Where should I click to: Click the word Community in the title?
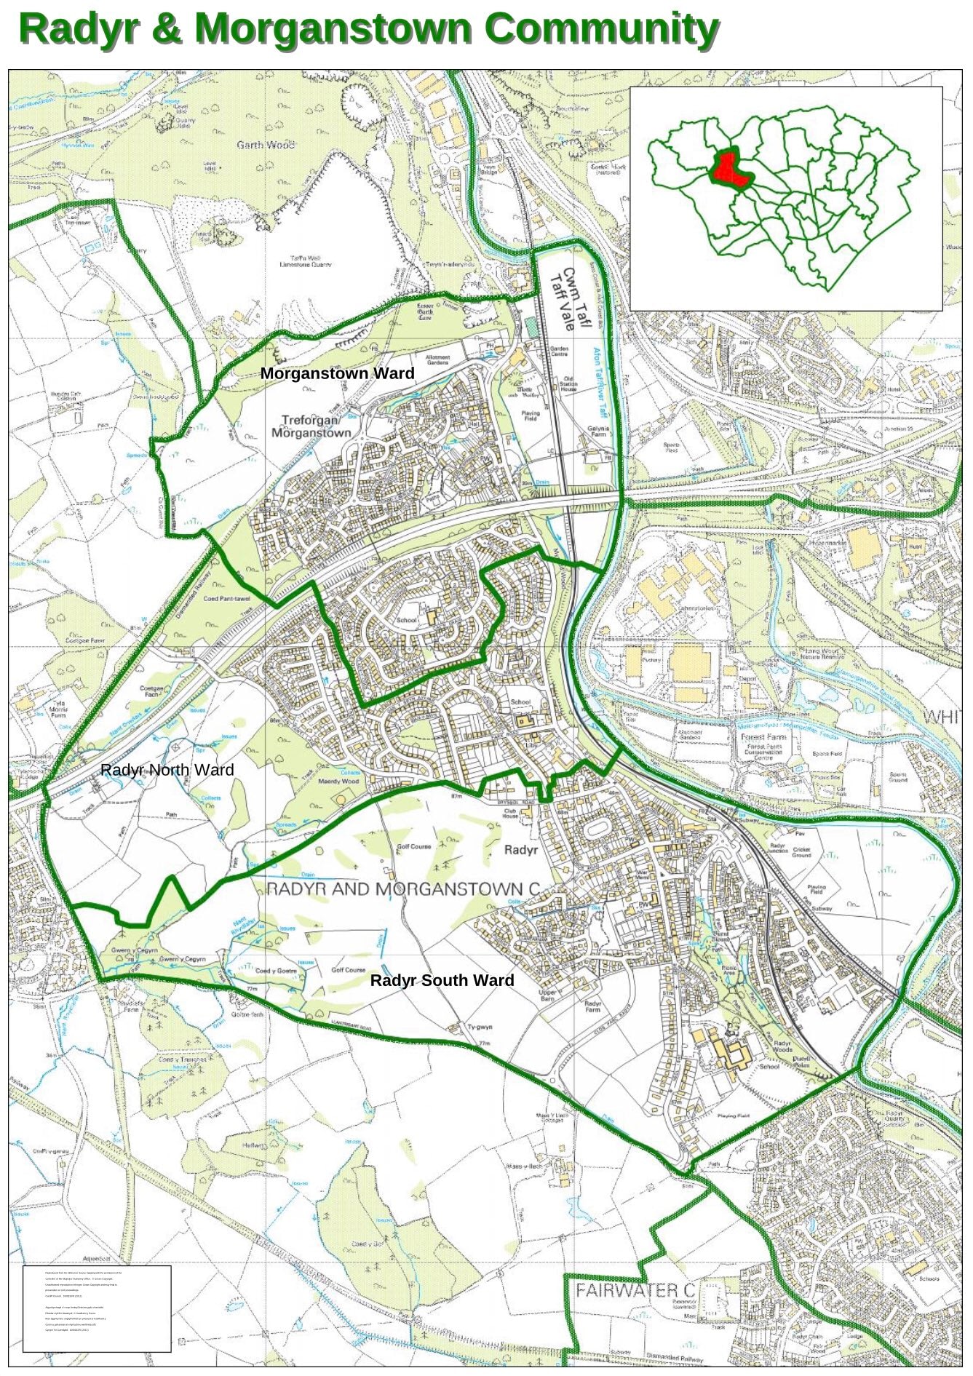click(x=601, y=29)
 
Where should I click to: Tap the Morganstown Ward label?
click(x=337, y=373)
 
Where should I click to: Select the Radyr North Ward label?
click(x=167, y=770)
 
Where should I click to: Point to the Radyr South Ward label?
click(x=442, y=980)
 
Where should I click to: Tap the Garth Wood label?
click(x=265, y=145)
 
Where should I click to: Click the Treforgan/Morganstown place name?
click(x=311, y=426)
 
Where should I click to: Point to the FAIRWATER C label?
click(x=635, y=1290)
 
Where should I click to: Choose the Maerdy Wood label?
click(x=339, y=781)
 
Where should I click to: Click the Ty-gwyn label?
click(x=480, y=1027)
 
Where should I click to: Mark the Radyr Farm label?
click(x=593, y=1006)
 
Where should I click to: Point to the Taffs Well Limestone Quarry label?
click(x=306, y=261)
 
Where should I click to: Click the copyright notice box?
click(x=97, y=1308)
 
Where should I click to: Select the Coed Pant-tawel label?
click(x=226, y=598)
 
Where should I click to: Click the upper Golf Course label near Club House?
click(x=414, y=846)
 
